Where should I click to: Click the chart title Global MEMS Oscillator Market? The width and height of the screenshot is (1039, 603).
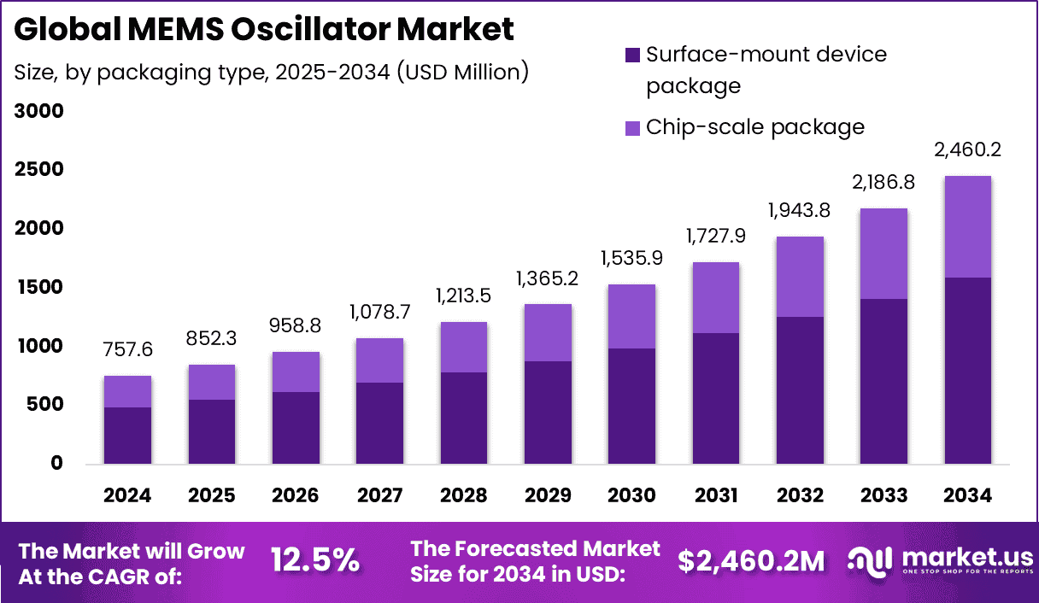[264, 30]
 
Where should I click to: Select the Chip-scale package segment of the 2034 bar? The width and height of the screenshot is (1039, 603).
[967, 226]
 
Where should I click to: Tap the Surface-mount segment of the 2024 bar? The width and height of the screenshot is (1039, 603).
[127, 436]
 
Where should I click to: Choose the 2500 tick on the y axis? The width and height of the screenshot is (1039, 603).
[39, 170]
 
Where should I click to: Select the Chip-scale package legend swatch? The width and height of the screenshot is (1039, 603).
[631, 128]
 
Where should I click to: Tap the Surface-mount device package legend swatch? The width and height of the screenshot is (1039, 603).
[631, 56]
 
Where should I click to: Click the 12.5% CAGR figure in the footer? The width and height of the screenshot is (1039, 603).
[315, 560]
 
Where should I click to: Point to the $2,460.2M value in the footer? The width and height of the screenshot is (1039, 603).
[751, 560]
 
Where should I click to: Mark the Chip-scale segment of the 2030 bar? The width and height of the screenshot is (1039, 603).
[631, 316]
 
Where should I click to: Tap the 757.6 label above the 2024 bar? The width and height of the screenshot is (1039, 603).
[127, 350]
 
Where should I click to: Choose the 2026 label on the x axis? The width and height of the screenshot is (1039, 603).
[296, 496]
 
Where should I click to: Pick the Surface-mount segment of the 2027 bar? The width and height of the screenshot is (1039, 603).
[379, 423]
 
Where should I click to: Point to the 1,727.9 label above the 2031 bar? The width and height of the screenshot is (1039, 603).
[715, 235]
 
